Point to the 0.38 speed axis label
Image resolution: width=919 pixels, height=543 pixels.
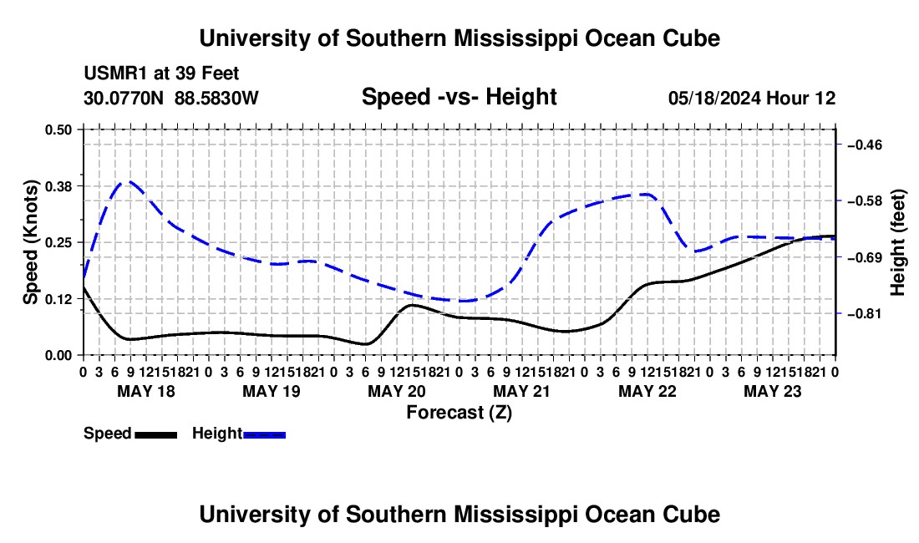coord(58,186)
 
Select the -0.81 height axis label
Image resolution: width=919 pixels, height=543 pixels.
coord(865,314)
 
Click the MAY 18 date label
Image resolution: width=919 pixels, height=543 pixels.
coord(146,391)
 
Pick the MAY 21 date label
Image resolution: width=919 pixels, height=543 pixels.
coord(521,391)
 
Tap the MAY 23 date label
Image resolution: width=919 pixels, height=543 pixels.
coord(773,391)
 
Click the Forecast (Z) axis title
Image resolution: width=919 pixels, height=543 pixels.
coord(459,413)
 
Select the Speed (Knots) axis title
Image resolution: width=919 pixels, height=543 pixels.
coord(30,242)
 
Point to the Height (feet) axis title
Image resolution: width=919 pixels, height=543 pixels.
coord(897,242)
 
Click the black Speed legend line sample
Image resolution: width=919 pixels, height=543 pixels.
coord(156,435)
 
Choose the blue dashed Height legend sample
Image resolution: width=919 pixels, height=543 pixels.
coord(264,435)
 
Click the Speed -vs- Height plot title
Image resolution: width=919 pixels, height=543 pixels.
coord(459,97)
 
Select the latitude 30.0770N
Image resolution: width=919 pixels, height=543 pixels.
coord(124,99)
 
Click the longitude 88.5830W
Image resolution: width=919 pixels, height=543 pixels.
coord(217,99)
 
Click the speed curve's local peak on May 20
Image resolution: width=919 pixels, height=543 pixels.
coord(411,305)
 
